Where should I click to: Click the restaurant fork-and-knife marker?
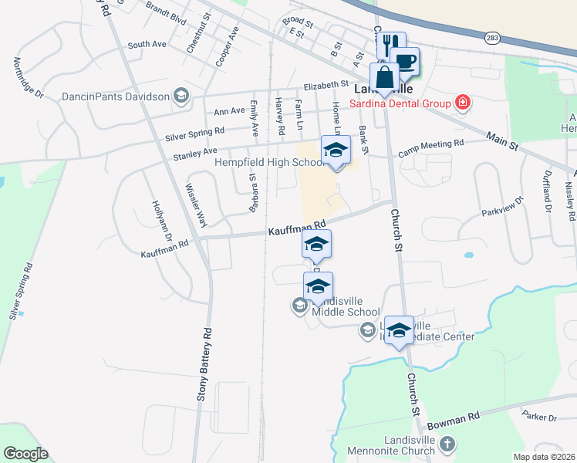(x=393, y=44)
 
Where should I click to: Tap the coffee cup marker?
(x=404, y=61)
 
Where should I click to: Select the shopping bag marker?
(x=384, y=76)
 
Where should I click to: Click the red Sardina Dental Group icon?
(x=462, y=103)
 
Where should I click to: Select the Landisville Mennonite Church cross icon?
(x=448, y=444)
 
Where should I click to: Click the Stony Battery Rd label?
(x=207, y=371)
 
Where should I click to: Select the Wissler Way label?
(x=197, y=205)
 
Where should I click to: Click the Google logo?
(x=25, y=454)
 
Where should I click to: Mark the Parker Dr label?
(x=539, y=418)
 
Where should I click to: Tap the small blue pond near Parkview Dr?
(x=468, y=255)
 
